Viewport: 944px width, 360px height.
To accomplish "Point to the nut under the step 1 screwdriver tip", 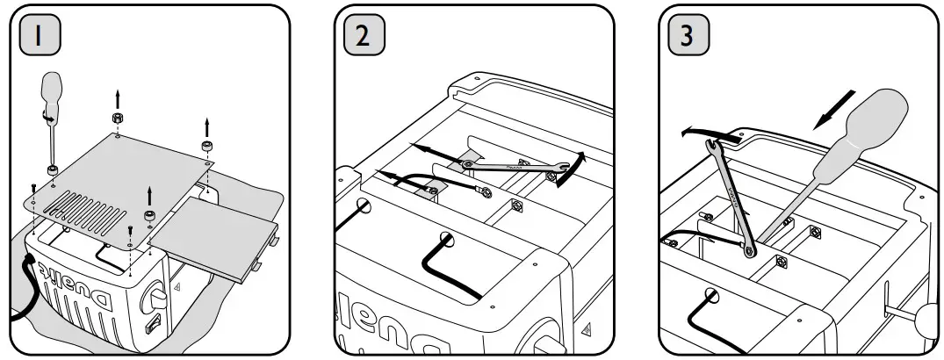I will (x=54, y=169).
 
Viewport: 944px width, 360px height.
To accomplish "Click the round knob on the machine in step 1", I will (x=159, y=291).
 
